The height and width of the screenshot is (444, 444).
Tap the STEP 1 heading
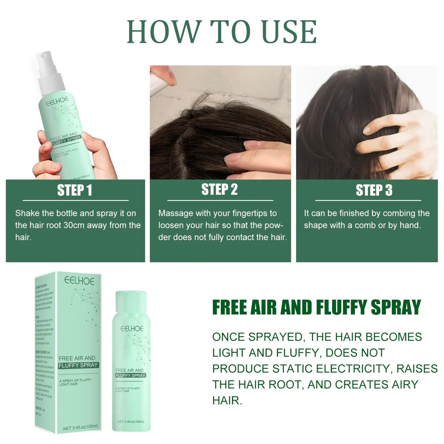click(75, 190)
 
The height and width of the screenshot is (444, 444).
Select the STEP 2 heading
click(219, 190)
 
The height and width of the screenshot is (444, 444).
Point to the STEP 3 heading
click(374, 190)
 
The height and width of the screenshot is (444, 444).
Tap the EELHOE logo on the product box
click(79, 281)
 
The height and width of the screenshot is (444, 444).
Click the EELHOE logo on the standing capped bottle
click(132, 328)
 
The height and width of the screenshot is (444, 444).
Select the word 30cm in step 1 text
click(74, 225)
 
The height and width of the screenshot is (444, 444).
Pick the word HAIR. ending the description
click(227, 400)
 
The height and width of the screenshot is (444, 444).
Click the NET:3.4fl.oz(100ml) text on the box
click(80, 427)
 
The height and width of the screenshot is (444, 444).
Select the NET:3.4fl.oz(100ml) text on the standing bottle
click(131, 422)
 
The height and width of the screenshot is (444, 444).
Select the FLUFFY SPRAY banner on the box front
click(78, 365)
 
